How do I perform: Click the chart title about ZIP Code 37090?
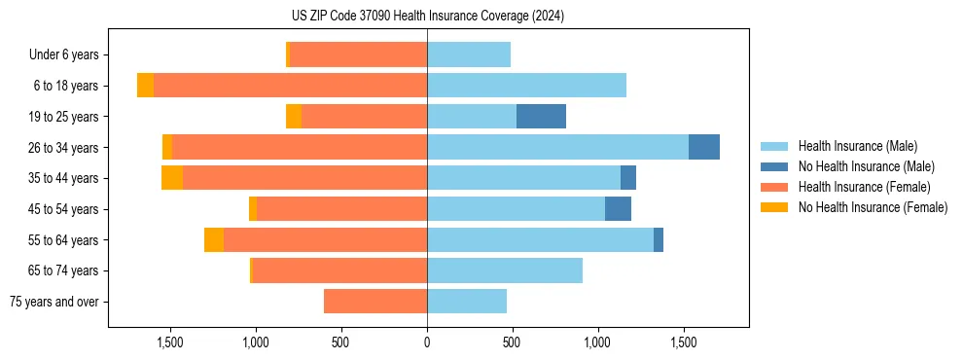tap(428, 17)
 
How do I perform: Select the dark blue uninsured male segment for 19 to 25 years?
tap(541, 117)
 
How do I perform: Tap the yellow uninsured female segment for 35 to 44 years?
tap(172, 178)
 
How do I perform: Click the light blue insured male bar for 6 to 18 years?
tap(526, 86)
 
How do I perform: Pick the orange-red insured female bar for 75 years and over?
tap(375, 302)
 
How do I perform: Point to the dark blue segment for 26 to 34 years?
tap(704, 147)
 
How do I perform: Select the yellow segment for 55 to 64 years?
tap(214, 239)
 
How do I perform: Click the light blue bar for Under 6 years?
tap(469, 54)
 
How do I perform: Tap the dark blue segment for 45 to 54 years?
tap(618, 209)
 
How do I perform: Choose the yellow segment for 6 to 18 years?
tap(145, 86)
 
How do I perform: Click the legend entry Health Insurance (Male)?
tap(857, 146)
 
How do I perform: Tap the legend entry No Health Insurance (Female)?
tap(873, 207)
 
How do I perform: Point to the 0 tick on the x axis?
tap(427, 342)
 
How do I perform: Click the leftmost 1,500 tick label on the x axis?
tap(170, 342)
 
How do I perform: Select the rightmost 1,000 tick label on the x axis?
tap(597, 342)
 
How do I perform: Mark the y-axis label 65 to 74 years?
tap(64, 270)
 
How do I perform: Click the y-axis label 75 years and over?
tap(54, 302)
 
